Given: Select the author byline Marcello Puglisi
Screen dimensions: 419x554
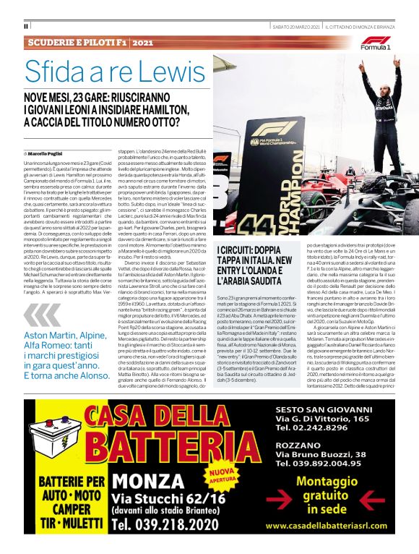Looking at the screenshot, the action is [47, 154].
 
